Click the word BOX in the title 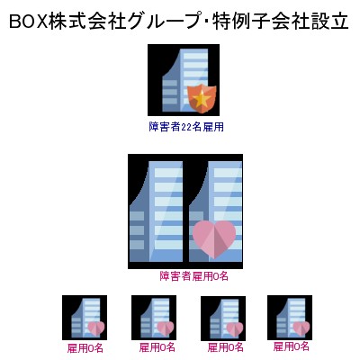point(29,22)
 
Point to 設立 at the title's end point(329,22)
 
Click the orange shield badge point(202,99)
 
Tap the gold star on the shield point(202,98)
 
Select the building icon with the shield point(184,80)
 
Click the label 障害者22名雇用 point(186,127)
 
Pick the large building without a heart point(156,211)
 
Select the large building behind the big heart point(215,211)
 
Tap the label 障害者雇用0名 point(193,276)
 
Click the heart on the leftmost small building point(96,328)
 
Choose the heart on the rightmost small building point(301,328)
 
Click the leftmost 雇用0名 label point(85,348)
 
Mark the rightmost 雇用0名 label point(291,346)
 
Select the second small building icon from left point(154,318)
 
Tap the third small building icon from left point(223,319)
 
